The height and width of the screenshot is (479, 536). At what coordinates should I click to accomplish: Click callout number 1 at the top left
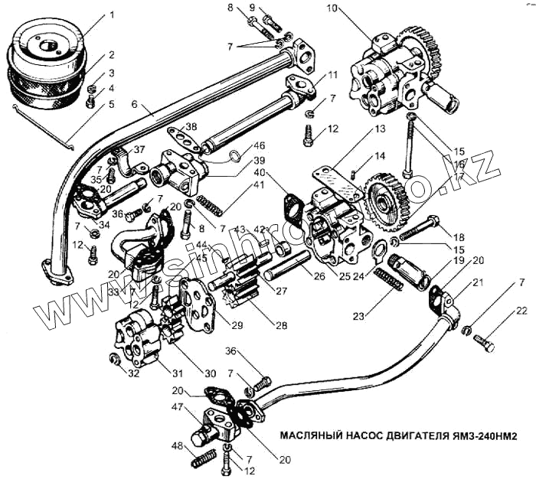click(x=111, y=15)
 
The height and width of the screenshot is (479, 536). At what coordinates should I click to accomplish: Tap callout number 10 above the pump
click(x=331, y=9)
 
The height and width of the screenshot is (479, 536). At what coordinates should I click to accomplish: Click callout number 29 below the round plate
click(x=237, y=325)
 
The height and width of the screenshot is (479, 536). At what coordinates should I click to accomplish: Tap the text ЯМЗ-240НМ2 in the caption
click(x=475, y=435)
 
